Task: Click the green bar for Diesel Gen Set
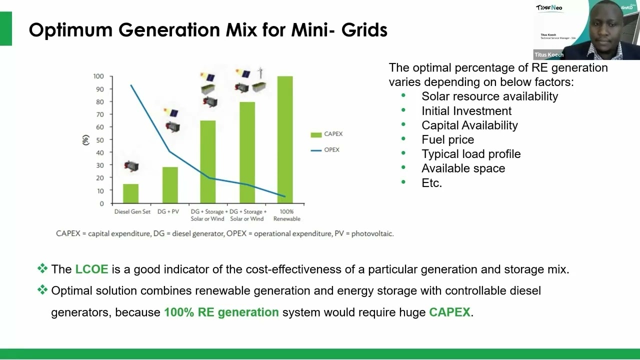[131, 193]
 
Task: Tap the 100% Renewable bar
[285, 139]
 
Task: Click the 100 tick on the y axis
[98, 76]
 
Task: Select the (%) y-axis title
[85, 140]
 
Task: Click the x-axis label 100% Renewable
[287, 215]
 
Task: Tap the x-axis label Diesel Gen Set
[132, 212]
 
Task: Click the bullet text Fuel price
[447, 139]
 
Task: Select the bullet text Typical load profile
[471, 154]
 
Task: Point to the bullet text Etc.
[431, 183]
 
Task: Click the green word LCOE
[91, 269]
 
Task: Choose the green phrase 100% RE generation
[221, 312]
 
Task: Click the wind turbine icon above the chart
[260, 73]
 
